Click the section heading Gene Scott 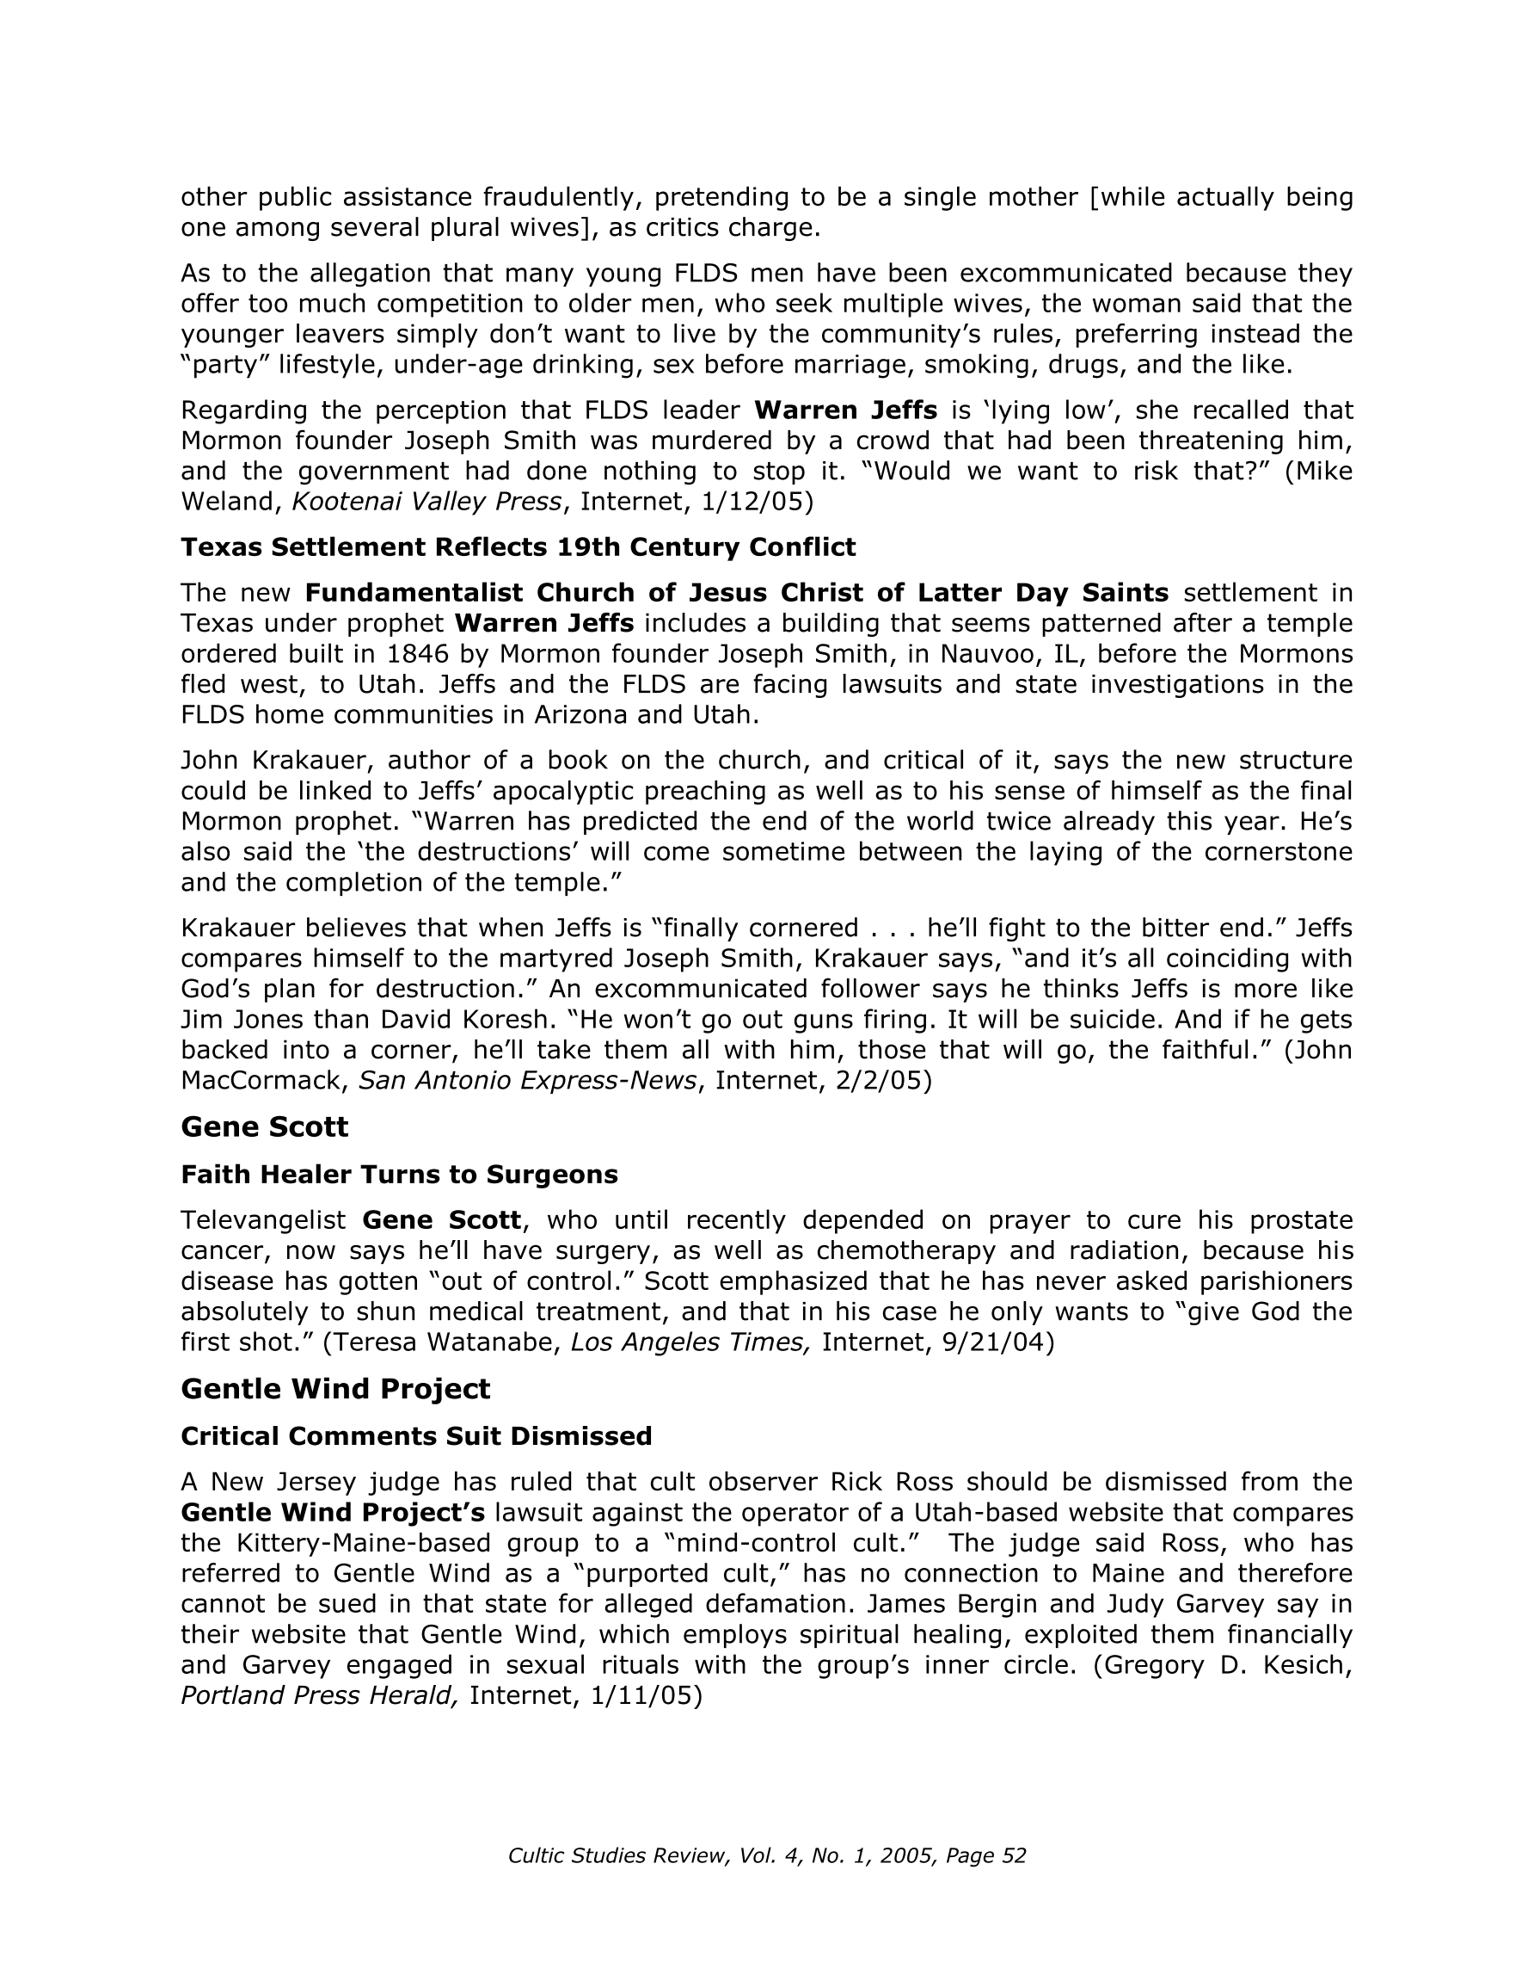click(x=264, y=1127)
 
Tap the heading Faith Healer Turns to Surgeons click(x=399, y=1175)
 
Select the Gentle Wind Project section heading click(x=334, y=1388)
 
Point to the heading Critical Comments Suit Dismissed click(x=415, y=1435)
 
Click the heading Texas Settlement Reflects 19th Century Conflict click(x=518, y=546)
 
